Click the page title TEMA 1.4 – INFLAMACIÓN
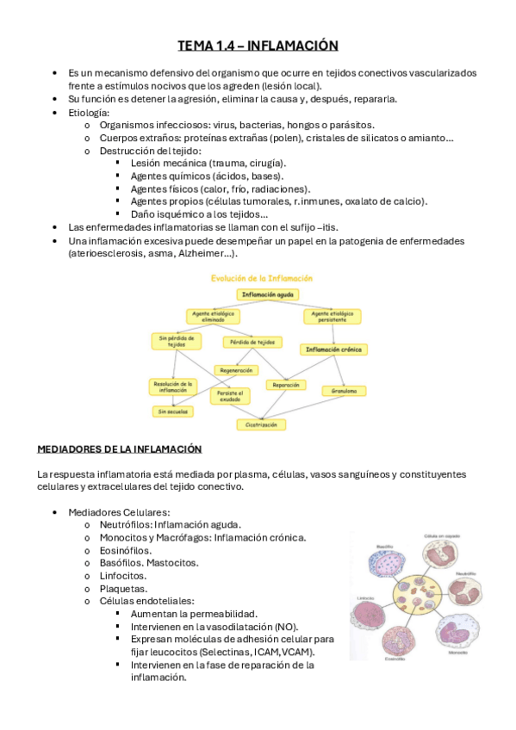pos(258,46)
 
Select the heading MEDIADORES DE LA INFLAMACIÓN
pos(119,449)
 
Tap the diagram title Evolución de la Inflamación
pos(262,278)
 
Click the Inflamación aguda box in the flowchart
pos(268,294)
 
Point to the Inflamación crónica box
pos(333,350)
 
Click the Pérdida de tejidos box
pos(252,342)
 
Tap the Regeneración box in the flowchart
pos(236,370)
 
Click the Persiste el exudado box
pos(230,396)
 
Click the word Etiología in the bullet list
pos(89,113)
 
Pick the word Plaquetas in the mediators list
pos(124,587)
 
